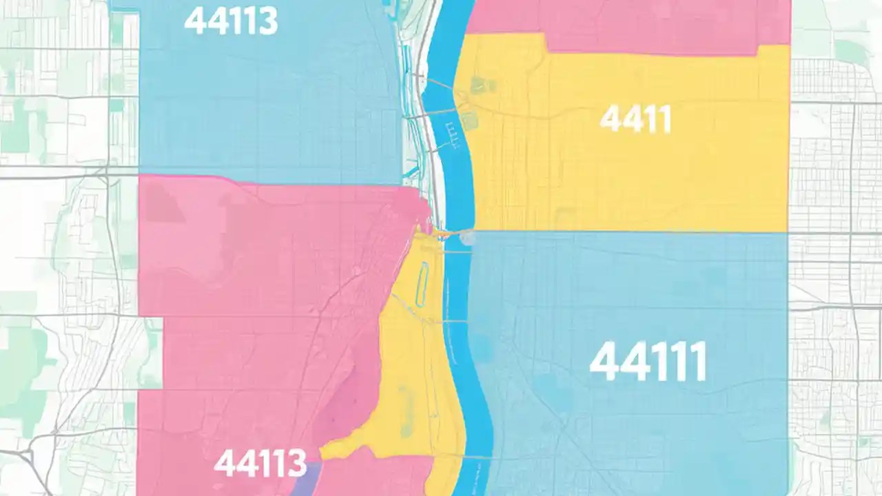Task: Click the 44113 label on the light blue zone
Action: [x=231, y=21]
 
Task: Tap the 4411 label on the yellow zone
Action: [x=635, y=120]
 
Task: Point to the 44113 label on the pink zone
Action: [x=260, y=462]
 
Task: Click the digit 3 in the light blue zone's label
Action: [x=266, y=21]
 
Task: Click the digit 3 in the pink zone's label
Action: [x=296, y=463]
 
